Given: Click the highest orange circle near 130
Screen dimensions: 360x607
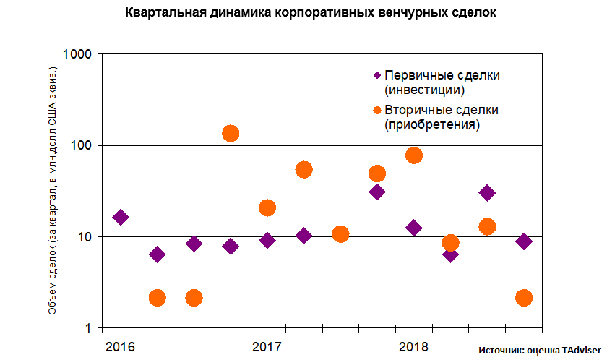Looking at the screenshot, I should point(231,133).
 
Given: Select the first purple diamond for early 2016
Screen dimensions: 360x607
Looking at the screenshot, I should point(121,217).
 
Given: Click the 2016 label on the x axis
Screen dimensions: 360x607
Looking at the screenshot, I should point(120,346).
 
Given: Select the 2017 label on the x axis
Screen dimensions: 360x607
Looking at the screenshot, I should point(267,346).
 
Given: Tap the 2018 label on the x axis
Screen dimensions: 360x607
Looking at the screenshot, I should point(414,346).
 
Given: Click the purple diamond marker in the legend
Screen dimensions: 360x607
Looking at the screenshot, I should point(376,75).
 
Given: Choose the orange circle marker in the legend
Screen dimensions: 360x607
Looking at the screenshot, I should point(376,110).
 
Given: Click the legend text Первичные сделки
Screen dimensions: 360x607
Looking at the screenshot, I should point(442,75).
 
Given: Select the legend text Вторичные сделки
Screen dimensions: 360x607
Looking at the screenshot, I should point(442,110).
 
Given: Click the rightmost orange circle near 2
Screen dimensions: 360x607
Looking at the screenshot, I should point(524,298).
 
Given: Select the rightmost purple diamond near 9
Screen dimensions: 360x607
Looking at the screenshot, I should point(524,241).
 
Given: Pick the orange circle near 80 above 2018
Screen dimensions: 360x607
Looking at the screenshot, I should point(414,155).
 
